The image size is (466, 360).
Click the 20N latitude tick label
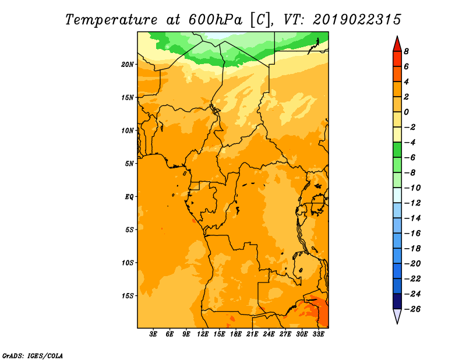tap(128, 65)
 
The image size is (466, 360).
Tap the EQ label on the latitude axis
tap(129, 197)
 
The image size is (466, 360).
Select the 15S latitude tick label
tap(128, 296)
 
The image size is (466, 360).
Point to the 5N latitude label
tap(129, 164)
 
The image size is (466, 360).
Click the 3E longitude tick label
tap(153, 334)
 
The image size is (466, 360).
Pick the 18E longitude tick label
tap(236, 334)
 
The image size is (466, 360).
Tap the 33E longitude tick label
tap(318, 334)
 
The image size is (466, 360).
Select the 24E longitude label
tap(269, 334)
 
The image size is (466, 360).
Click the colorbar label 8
tap(406, 51)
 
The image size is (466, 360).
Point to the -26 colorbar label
tap(412, 309)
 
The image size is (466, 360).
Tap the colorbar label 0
tap(406, 112)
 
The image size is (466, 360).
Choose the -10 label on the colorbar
tap(412, 188)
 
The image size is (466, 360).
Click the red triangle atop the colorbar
tap(397, 45)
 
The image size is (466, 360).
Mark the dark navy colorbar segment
tap(397, 301)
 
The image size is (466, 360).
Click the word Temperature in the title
tap(111, 20)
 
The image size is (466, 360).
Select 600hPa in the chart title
tap(215, 20)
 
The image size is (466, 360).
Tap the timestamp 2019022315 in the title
tap(357, 20)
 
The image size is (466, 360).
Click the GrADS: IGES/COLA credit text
tap(33, 355)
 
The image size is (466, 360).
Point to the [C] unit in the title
tap(260, 20)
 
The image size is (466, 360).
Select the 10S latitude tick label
tap(128, 263)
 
